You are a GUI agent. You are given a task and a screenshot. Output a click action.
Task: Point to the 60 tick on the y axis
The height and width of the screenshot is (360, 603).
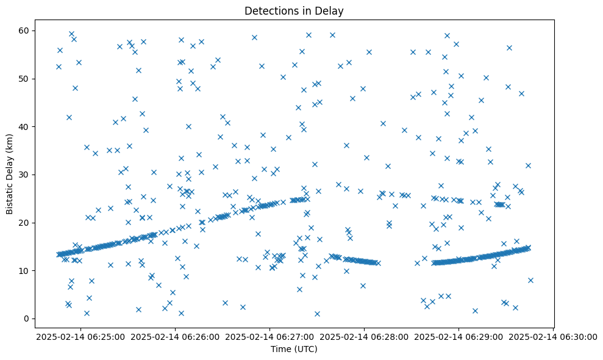pyautogui.click(x=25, y=31)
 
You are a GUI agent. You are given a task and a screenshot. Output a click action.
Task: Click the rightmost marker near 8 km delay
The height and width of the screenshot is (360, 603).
pyautogui.click(x=530, y=280)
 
